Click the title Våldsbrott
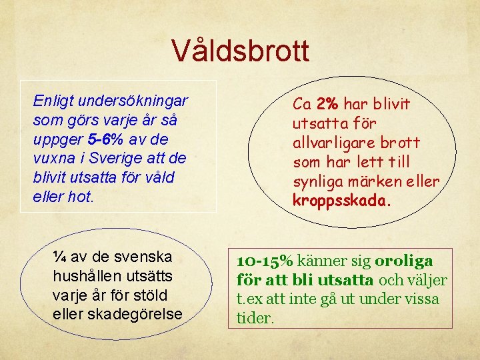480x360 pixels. (240, 50)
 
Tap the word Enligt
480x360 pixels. (53, 101)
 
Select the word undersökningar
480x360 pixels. (133, 101)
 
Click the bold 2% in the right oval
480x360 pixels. (329, 104)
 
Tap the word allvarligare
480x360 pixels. (331, 143)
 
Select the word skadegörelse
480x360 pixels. (135, 313)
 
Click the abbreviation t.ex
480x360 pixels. (251, 299)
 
